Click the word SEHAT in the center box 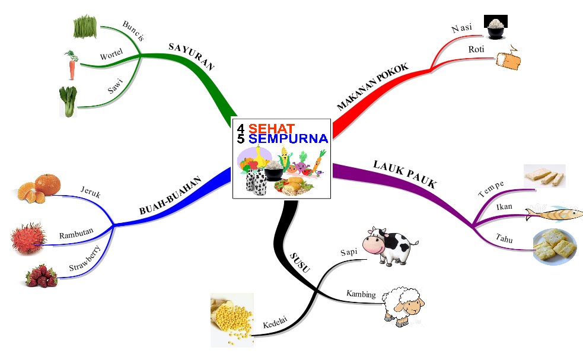point(272,128)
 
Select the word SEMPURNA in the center point(288,139)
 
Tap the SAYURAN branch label point(191,56)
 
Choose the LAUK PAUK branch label point(404,174)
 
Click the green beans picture point(85,27)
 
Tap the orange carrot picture point(71,65)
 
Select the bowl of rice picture point(495,27)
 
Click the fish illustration point(553,213)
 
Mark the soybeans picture point(231,320)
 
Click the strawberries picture point(42,276)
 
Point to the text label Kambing point(361,294)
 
